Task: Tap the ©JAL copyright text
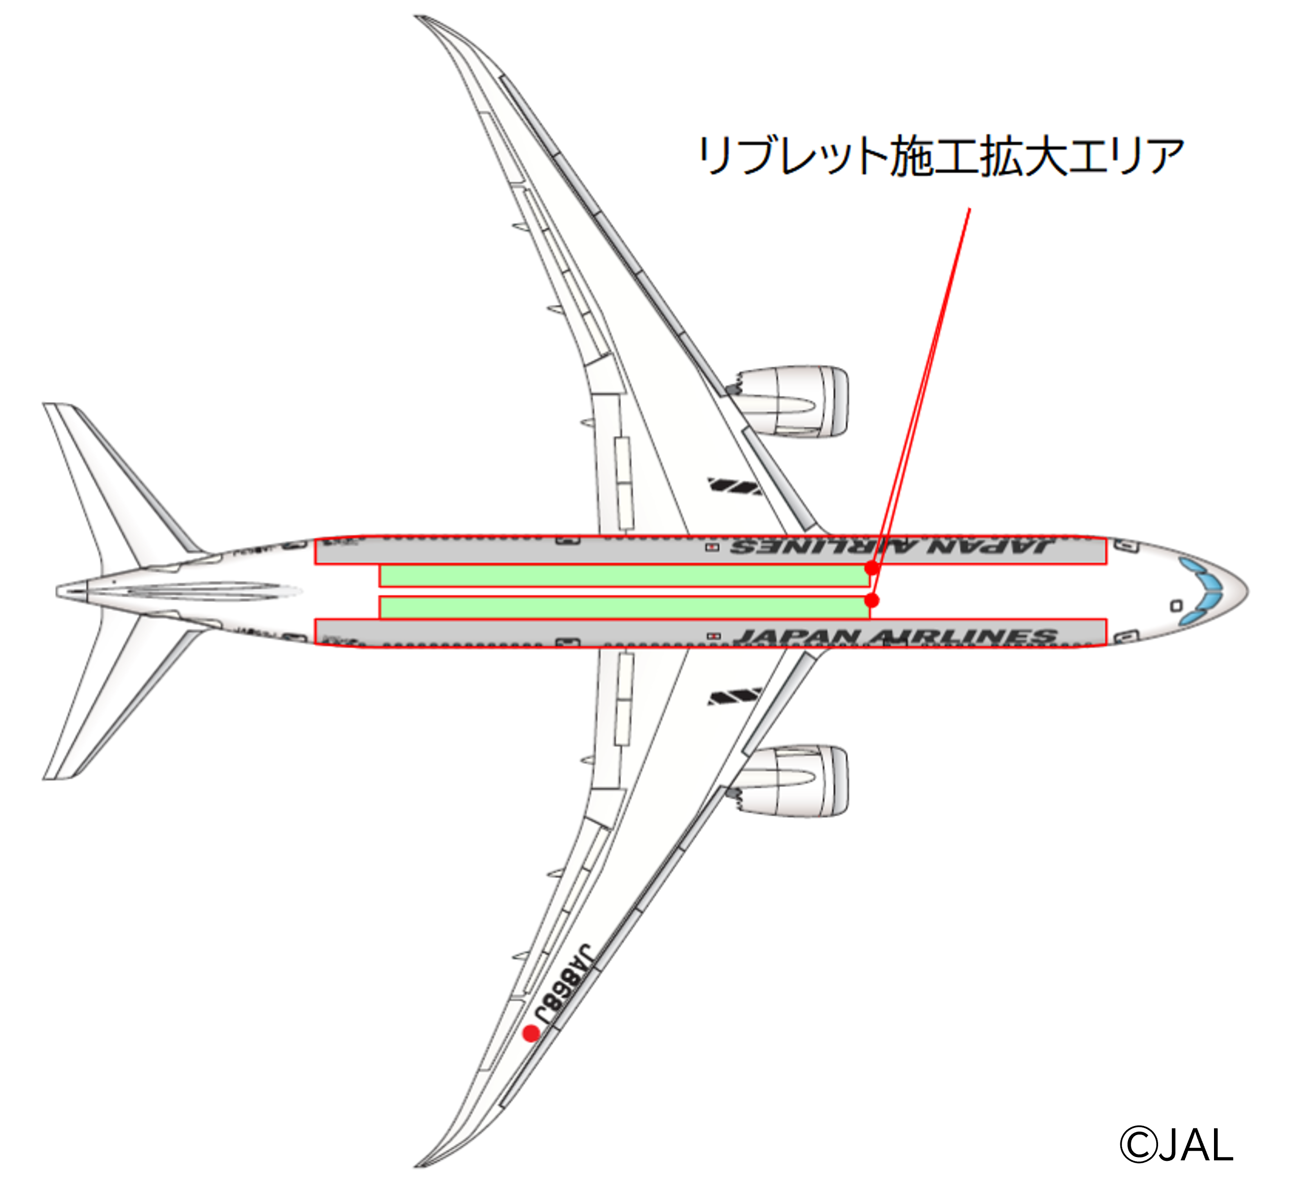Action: pyautogui.click(x=1176, y=1145)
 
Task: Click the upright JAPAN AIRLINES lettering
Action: pyautogui.click(x=895, y=636)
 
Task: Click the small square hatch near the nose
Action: pyautogui.click(x=1176, y=605)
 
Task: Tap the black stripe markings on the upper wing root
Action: pyautogui.click(x=734, y=486)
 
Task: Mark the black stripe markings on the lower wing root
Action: pyautogui.click(x=734, y=696)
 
